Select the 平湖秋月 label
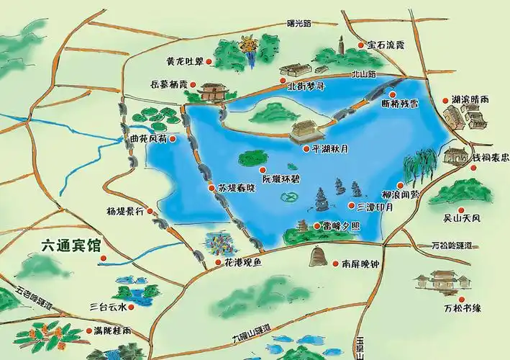(x=331, y=150)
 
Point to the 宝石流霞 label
(x=386, y=45)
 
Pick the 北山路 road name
(x=365, y=73)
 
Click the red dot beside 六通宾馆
(x=102, y=257)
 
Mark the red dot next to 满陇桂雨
(x=88, y=330)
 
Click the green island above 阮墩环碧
(x=253, y=157)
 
